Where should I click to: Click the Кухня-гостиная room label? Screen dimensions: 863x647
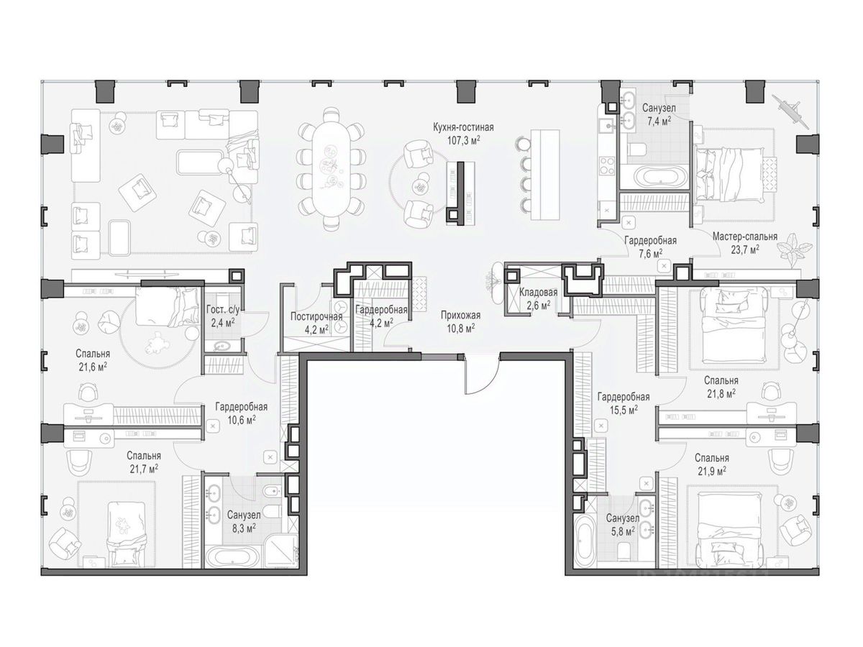coord(463,128)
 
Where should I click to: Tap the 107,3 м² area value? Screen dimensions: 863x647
coord(464,140)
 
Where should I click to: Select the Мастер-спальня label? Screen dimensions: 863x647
coord(744,237)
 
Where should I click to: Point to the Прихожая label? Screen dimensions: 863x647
coord(460,315)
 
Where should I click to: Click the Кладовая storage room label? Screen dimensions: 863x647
coord(538,293)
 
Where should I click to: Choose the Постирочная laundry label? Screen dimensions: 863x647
coord(316,316)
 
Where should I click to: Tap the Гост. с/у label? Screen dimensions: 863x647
coord(223,310)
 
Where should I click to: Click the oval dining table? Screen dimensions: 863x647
coord(330,168)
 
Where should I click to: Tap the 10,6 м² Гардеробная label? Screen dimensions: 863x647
coord(242,413)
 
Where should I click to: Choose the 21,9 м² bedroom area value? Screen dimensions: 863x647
coord(712,471)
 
